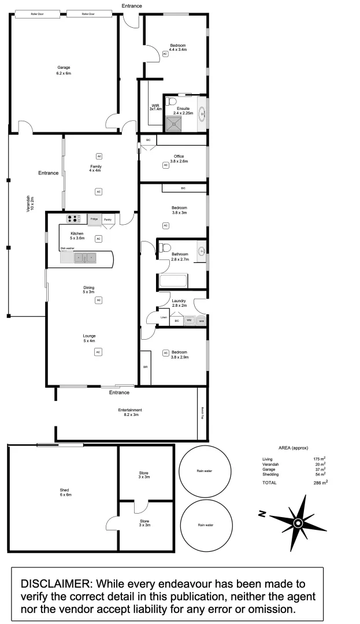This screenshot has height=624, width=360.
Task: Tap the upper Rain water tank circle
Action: point(204,471)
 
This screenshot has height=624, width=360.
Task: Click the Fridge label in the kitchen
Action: point(94,220)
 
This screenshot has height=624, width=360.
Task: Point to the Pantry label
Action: point(107,220)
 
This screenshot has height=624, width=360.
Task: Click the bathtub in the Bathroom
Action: point(172,282)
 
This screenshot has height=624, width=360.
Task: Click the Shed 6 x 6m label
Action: point(65,492)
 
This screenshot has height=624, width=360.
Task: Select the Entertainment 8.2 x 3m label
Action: point(129,413)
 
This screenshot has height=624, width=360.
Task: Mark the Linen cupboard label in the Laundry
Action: point(155,317)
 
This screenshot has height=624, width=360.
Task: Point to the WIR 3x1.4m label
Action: point(155,106)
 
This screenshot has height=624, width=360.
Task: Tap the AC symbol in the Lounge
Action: point(98,351)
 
